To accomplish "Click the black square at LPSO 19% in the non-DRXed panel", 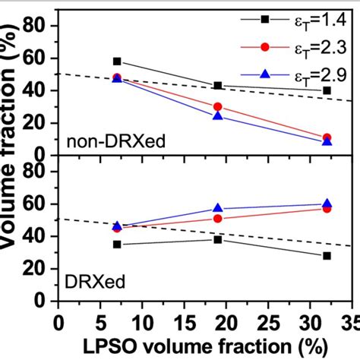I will point(218,86).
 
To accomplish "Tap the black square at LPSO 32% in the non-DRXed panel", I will point(327,90).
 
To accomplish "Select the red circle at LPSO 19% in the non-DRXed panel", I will point(218,107).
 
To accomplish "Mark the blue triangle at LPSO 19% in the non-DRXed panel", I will point(218,116).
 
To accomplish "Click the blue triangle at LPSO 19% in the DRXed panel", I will point(218,208).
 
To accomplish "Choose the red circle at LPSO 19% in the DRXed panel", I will point(218,219).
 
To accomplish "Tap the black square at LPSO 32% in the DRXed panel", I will point(327,256).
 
